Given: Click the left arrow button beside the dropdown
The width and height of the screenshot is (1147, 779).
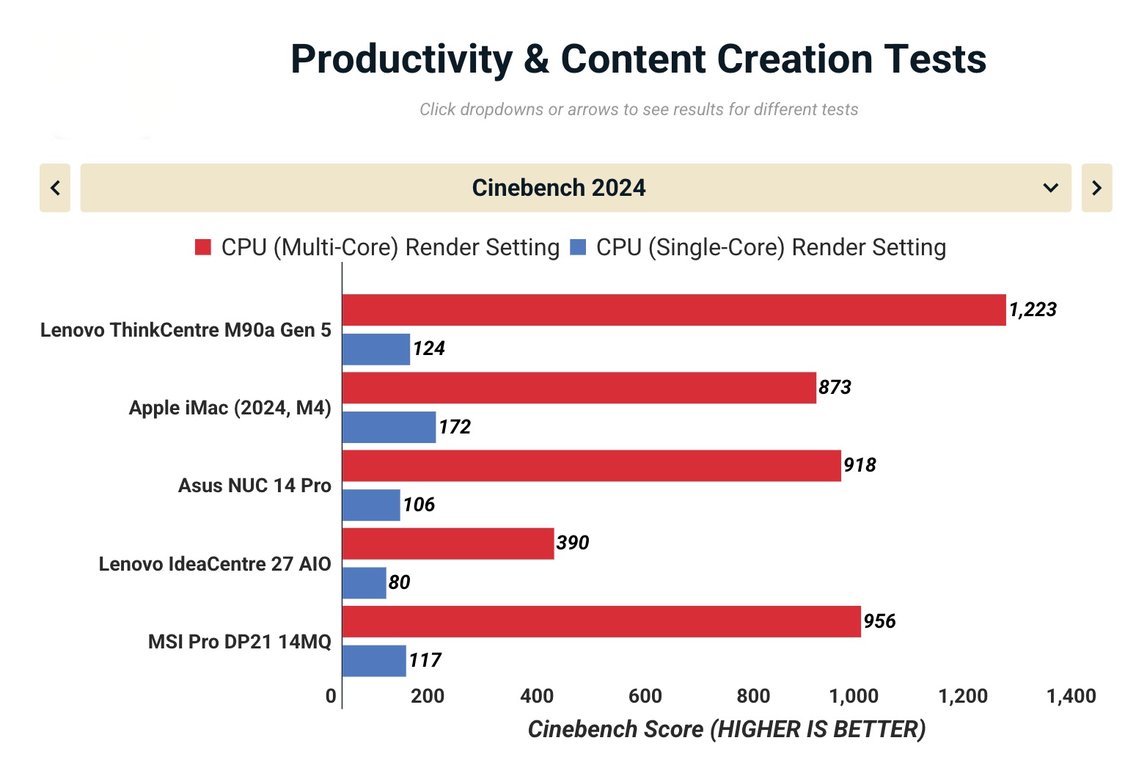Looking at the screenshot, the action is pos(55,188).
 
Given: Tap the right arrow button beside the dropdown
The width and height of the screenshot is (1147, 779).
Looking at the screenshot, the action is pos(1097,188).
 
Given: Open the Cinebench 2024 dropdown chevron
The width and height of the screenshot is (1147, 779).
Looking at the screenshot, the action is pos(1051,188).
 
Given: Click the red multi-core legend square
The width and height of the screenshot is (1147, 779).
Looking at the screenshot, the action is pos(203,247).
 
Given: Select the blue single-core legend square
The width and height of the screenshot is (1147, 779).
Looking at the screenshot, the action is pos(578,247).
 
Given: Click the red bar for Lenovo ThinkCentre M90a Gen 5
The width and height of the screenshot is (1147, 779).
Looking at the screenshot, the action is pos(675,310).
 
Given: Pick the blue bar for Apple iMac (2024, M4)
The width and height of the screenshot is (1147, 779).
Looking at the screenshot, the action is pos(389,427).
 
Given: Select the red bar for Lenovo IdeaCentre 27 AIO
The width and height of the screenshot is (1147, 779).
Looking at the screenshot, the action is pos(448,544).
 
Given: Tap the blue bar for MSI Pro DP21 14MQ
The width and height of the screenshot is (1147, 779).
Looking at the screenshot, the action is pos(374,661).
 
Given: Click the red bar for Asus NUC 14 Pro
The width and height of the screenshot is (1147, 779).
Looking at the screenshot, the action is pos(591,466).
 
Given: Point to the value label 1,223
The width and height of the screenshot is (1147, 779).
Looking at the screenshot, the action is pos(1033,310).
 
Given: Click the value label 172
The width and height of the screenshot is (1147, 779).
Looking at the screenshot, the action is pos(455,427).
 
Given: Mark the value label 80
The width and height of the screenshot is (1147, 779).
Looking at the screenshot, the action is pos(400,582).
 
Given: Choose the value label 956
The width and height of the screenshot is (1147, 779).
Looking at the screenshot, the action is pos(880,621).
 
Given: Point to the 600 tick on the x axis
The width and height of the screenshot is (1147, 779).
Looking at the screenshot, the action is pos(645,696).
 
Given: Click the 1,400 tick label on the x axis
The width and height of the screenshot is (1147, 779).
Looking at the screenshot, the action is pos(1071,696).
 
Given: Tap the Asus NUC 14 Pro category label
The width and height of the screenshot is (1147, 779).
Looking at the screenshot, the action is pos(254,486).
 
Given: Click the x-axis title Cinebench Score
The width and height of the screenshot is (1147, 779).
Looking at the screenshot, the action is pos(615,729).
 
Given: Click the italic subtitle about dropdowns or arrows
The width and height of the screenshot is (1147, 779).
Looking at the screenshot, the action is pos(639,109).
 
